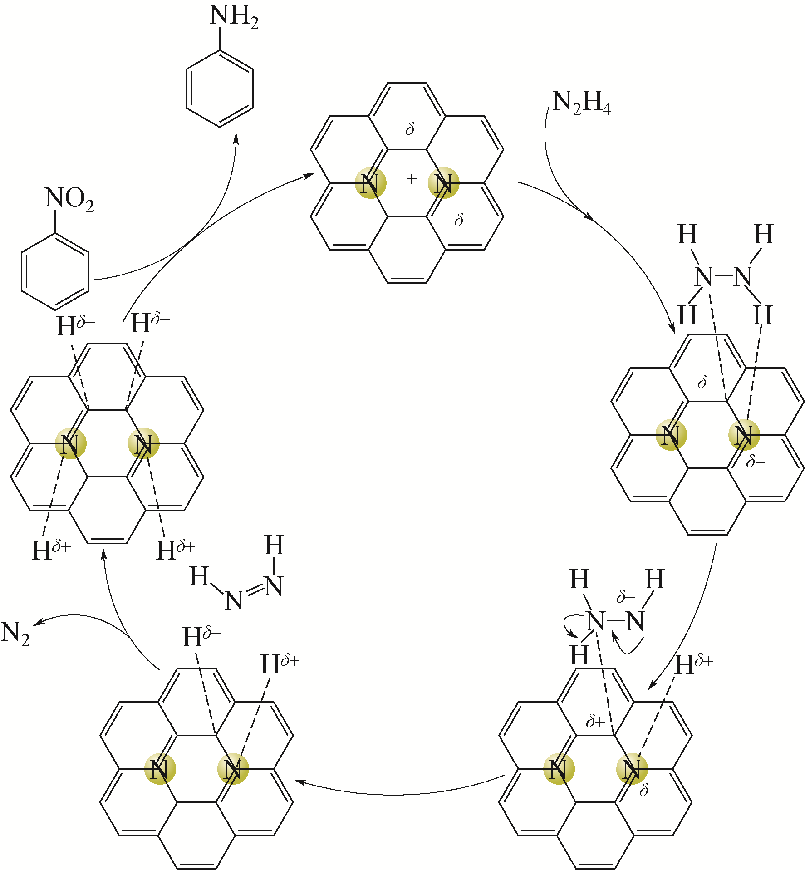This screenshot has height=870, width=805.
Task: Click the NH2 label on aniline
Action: pyautogui.click(x=234, y=17)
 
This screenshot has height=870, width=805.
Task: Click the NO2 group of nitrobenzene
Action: pyautogui.click(x=69, y=200)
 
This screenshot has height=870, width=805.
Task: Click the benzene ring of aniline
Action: pyautogui.click(x=219, y=89)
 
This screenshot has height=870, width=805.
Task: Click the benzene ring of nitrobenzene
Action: pyautogui.click(x=55, y=272)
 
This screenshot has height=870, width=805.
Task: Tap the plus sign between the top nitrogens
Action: pyautogui.click(x=411, y=179)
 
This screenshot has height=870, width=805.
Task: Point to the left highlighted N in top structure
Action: pyautogui.click(x=370, y=183)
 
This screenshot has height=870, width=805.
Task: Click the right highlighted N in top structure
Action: pyautogui.click(x=443, y=183)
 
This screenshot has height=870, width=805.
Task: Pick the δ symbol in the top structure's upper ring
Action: pyautogui.click(x=410, y=129)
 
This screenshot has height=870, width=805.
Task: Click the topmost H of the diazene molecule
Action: pyautogui.click(x=274, y=545)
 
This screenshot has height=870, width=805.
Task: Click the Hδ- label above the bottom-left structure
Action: pyautogui.click(x=201, y=636)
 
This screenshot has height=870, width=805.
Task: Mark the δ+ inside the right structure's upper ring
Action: pyautogui.click(x=707, y=383)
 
